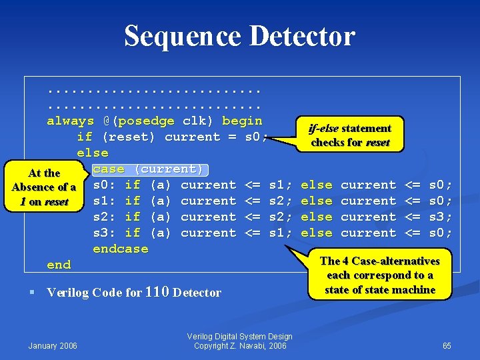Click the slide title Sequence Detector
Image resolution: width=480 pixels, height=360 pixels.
[x=239, y=36]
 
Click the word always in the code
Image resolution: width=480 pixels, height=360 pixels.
[x=70, y=121]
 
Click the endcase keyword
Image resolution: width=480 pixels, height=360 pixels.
[x=120, y=249]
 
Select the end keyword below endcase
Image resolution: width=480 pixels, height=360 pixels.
[x=59, y=265]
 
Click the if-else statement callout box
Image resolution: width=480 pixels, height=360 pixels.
[x=351, y=135]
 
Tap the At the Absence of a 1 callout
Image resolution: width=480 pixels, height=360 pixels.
[x=44, y=187]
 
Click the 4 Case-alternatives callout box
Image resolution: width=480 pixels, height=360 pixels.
[x=379, y=275]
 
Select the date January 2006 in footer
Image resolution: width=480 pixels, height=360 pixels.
[x=53, y=345]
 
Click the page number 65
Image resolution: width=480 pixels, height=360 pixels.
[x=447, y=345]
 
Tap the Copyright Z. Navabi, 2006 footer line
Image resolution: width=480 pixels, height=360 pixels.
[x=239, y=346]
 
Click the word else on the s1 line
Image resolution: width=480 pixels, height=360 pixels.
[x=317, y=201]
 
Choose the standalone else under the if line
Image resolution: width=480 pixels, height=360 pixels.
[x=93, y=153]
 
